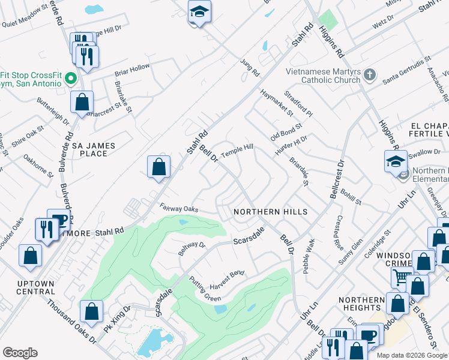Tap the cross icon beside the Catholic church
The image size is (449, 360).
(x=370, y=76)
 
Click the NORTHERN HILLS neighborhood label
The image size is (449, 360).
(x=270, y=212)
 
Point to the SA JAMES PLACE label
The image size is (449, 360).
(x=94, y=149)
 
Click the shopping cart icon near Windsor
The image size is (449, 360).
(x=400, y=277)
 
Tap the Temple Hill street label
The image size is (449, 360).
(x=237, y=151)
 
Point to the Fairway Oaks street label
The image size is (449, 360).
(x=179, y=208)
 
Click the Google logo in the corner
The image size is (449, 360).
(x=20, y=353)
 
